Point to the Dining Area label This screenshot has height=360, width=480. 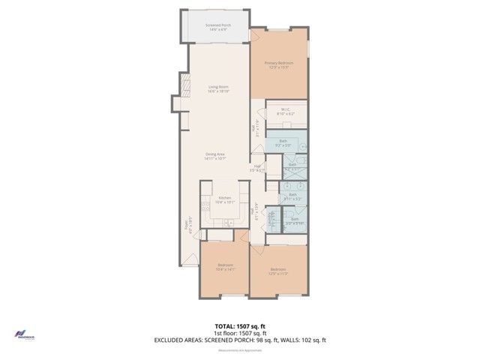pyautogui.click(x=216, y=157)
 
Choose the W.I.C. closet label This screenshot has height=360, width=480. pyautogui.click(x=286, y=112)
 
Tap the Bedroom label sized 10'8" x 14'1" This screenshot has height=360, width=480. pyautogui.click(x=226, y=268)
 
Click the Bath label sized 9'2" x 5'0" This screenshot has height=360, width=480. pyautogui.click(x=283, y=142)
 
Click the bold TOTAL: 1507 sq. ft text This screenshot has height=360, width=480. pyautogui.click(x=239, y=326)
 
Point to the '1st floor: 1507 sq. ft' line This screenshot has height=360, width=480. pyautogui.click(x=239, y=333)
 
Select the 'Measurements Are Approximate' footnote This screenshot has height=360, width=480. pyautogui.click(x=239, y=350)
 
